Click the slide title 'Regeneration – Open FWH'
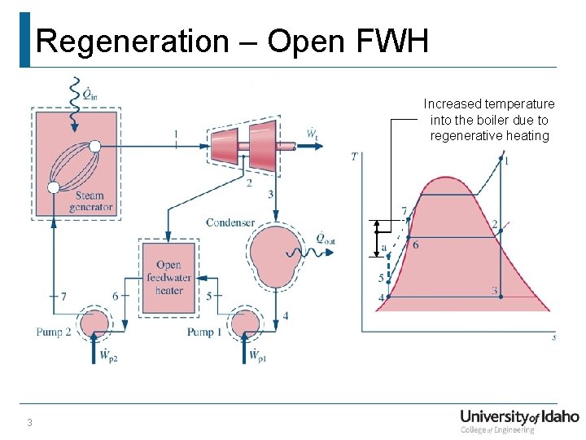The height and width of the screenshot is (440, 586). [233, 41]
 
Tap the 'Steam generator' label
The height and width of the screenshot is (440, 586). [90, 201]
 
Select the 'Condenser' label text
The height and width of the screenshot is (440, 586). [230, 222]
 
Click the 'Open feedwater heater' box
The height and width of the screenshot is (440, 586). [168, 277]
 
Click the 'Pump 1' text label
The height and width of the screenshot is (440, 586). [200, 332]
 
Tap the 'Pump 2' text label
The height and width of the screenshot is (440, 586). [54, 332]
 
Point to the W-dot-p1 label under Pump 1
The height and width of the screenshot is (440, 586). [255, 356]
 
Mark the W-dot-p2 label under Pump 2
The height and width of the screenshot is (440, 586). [105, 356]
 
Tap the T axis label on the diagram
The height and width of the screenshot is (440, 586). [354, 156]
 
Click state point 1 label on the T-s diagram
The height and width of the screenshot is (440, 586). [506, 161]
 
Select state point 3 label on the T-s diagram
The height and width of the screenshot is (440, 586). [494, 291]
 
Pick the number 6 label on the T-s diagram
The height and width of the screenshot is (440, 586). [416, 245]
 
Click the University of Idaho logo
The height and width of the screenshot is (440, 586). [519, 420]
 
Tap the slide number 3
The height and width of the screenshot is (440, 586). [29, 422]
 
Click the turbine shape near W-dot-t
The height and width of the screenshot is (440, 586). [244, 149]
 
